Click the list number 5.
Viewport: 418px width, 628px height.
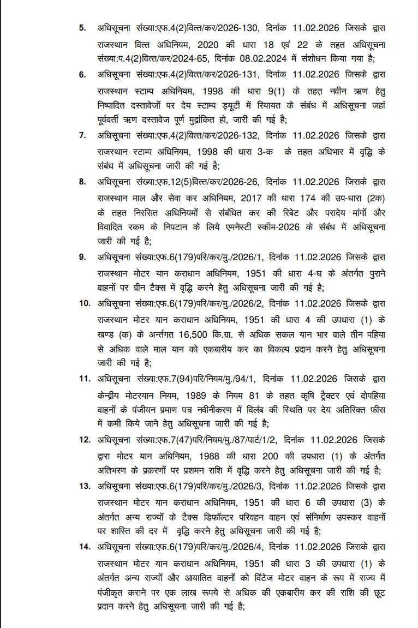82,28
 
